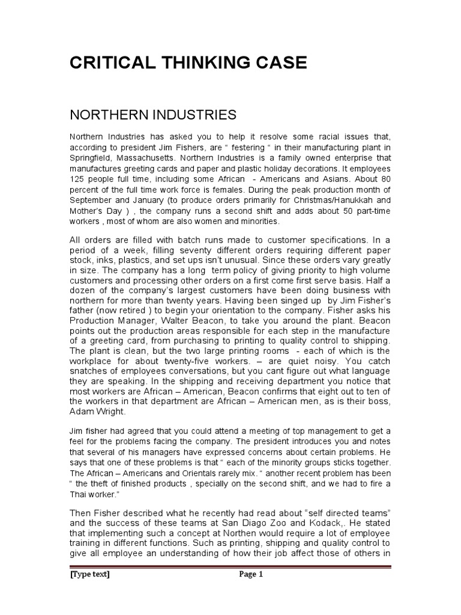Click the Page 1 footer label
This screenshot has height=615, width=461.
point(252,574)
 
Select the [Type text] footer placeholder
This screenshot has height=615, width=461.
point(90,574)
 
